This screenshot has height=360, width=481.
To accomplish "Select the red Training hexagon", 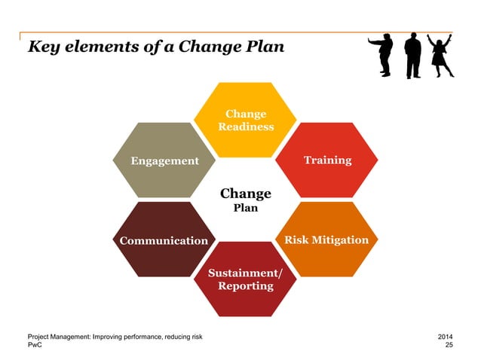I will click(326, 160).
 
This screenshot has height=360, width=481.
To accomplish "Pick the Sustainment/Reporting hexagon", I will click(246, 279).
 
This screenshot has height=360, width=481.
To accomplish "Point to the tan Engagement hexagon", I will click(164, 160).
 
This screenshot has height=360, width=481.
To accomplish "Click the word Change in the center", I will click(245, 194).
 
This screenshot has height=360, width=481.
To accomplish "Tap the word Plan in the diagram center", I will click(245, 208).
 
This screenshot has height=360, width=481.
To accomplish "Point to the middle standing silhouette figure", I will click(412, 54).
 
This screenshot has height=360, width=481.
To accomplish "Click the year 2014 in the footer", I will click(446, 335).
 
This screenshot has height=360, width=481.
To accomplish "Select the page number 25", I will click(449, 344).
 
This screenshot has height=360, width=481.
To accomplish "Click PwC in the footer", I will click(35, 344).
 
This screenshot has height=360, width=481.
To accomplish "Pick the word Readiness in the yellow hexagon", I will click(246, 127).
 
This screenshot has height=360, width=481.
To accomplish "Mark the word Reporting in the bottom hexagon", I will click(246, 287).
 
